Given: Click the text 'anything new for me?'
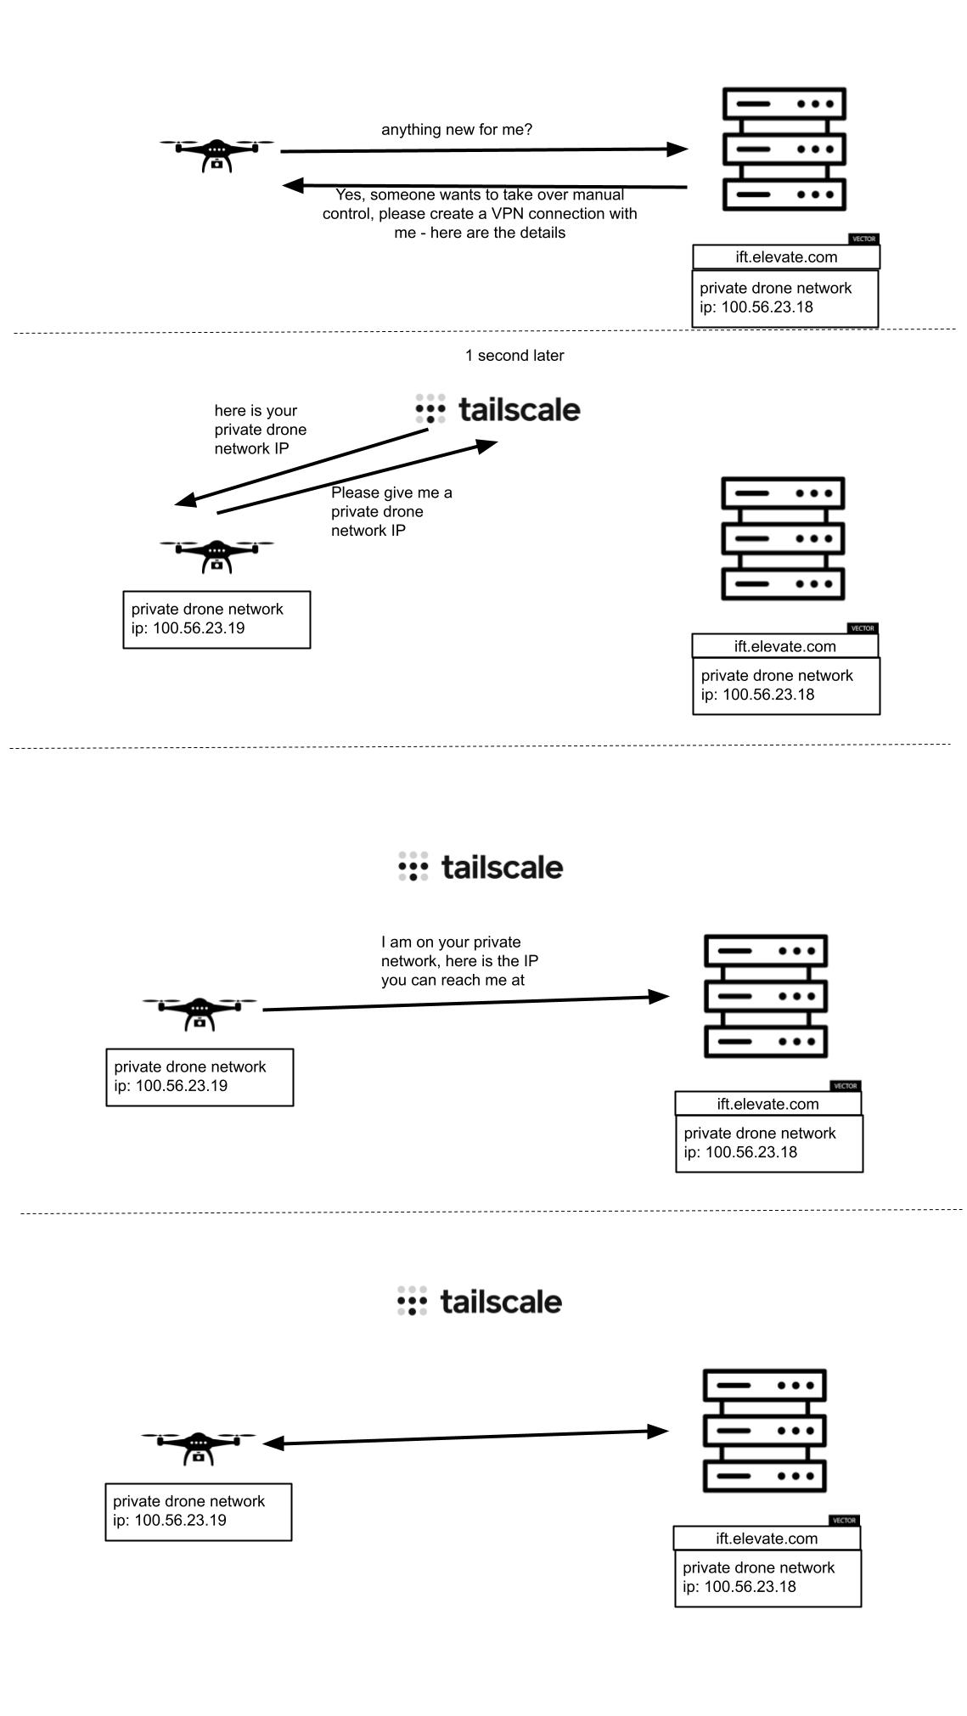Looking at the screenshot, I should [457, 130].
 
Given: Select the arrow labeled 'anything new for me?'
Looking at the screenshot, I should [484, 150].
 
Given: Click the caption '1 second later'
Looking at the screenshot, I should [514, 356].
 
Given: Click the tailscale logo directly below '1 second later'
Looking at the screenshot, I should [498, 409].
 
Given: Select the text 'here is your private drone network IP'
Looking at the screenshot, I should [260, 430].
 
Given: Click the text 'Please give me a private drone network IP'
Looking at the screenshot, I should [391, 511].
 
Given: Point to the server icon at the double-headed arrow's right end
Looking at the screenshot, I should [764, 1431].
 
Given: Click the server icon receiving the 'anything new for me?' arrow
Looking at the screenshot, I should [784, 149].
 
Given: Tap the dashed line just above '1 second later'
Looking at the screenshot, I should [484, 331].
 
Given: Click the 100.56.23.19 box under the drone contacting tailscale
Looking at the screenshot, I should [216, 620].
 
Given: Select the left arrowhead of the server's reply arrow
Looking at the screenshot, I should [293, 184].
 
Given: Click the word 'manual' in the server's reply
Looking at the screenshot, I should [598, 195].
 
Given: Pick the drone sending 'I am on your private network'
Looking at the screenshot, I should [200, 1011].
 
